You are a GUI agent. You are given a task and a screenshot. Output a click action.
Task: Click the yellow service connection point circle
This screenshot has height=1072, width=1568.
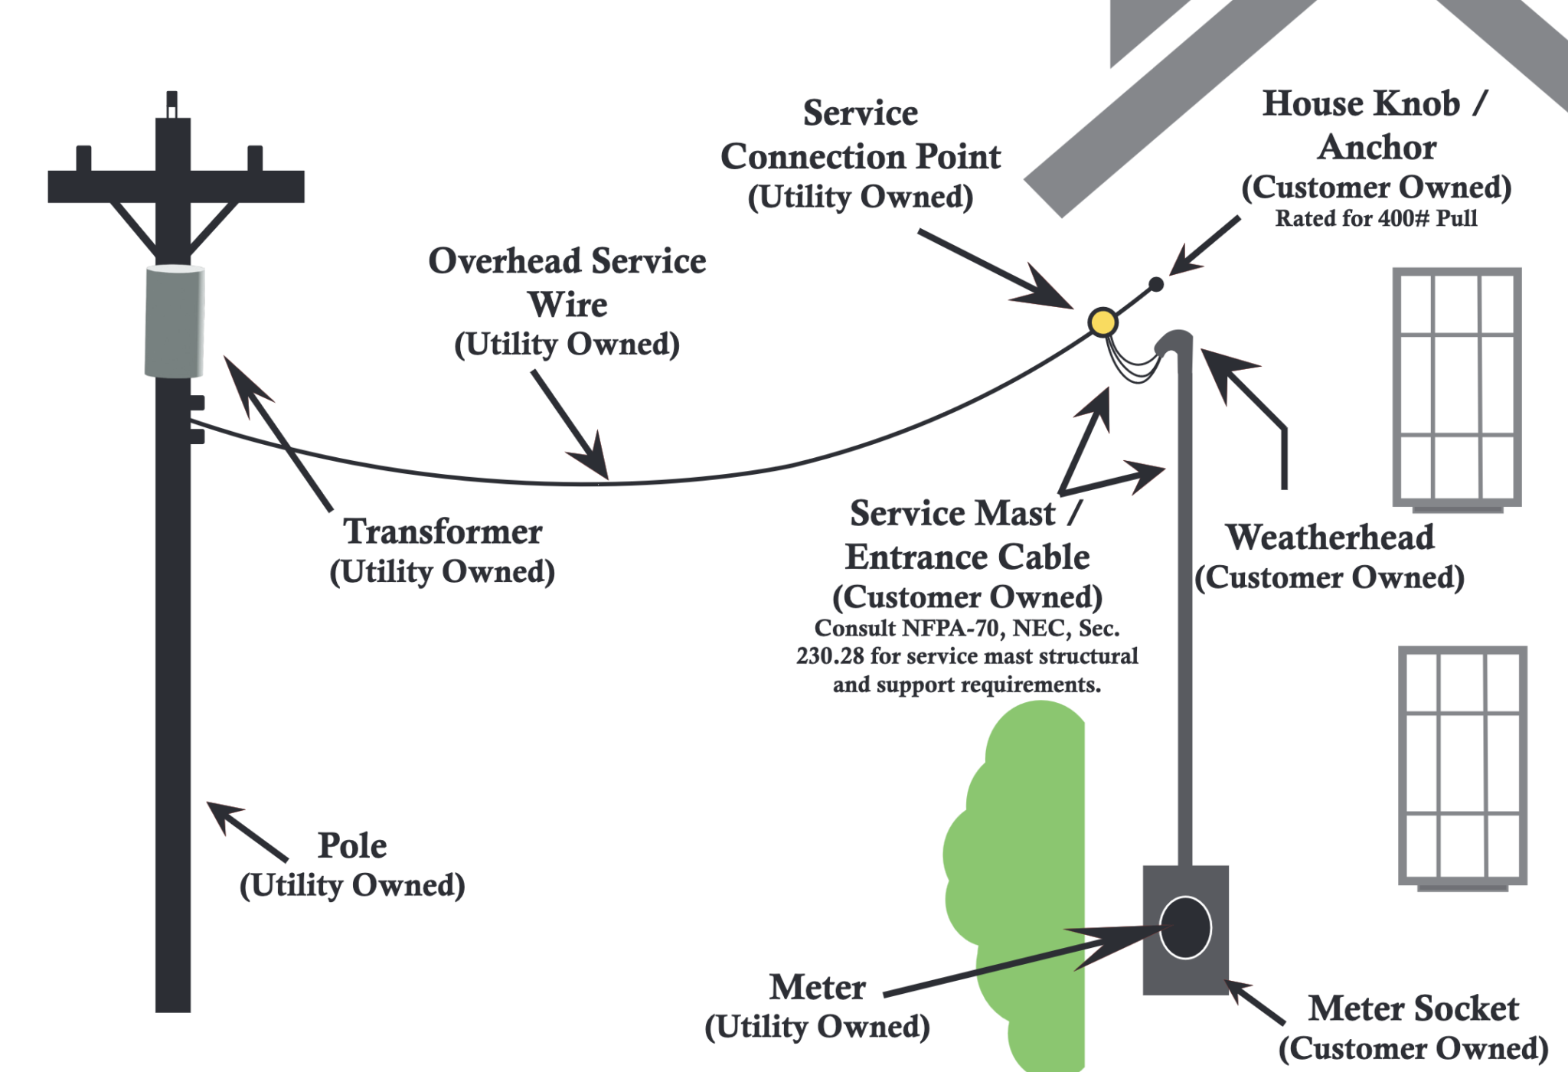pos(1102,322)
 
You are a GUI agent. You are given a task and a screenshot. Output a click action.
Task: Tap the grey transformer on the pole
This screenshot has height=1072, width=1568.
pos(175,321)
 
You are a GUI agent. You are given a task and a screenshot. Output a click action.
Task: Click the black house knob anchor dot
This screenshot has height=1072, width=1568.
pos(1156,285)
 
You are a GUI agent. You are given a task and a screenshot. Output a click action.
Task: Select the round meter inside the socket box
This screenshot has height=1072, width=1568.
pos(1184,928)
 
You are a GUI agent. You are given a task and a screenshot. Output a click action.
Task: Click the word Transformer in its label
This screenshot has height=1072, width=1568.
pos(443,531)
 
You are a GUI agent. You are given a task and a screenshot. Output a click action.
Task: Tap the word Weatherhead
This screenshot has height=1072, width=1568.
pos(1330,537)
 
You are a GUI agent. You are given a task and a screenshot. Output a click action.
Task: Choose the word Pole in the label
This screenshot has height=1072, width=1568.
pos(352,845)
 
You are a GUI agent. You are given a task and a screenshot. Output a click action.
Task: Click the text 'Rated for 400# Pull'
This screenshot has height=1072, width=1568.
pos(1376,219)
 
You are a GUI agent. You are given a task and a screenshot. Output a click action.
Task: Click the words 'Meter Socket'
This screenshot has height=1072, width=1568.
pos(1413,1008)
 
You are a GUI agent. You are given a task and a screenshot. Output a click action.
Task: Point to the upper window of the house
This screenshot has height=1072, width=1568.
pos(1456,387)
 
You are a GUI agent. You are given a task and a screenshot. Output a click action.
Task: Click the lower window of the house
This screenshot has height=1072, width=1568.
pos(1462,766)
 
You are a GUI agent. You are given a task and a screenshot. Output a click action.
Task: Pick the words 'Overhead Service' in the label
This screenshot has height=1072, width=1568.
pos(567,261)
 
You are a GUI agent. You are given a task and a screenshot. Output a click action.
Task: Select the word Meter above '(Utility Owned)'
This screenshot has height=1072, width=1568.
pos(817,987)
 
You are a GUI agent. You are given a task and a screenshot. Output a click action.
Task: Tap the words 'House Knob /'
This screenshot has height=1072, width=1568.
pos(1375,104)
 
